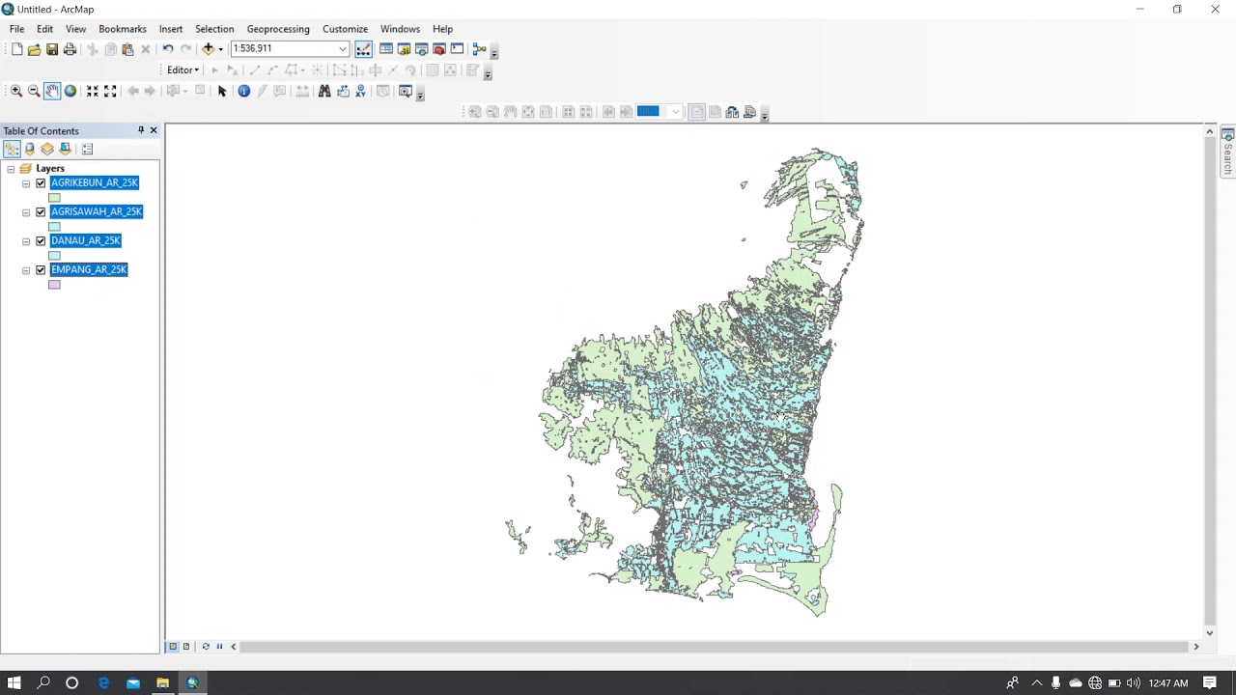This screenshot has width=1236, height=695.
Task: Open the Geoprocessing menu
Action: click(278, 29)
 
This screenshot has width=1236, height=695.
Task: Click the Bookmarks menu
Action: click(123, 29)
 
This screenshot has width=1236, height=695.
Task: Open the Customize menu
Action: click(345, 29)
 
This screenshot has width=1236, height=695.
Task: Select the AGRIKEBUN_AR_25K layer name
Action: click(95, 182)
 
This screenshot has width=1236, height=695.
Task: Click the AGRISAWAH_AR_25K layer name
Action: click(97, 211)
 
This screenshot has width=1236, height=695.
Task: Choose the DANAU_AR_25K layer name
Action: click(86, 240)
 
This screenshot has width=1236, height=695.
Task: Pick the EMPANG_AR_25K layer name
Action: click(89, 269)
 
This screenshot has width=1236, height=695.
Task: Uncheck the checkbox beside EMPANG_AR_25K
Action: click(41, 270)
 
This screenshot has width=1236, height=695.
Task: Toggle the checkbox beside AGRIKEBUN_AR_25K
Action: click(41, 183)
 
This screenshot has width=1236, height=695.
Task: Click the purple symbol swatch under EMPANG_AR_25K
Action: click(54, 285)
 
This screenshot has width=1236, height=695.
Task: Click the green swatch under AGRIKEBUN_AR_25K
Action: click(54, 198)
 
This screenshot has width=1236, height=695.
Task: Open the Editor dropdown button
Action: click(183, 69)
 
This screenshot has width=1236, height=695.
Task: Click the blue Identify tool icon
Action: click(243, 91)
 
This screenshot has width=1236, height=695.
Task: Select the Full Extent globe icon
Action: click(70, 91)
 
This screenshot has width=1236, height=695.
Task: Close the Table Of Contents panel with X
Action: click(153, 130)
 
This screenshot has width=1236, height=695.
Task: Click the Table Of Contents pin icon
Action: click(141, 130)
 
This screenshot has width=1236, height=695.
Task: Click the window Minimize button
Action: click(1139, 10)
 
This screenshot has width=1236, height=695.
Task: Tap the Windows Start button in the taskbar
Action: click(14, 682)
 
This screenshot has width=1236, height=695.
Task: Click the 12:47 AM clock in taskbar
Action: click(1167, 683)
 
